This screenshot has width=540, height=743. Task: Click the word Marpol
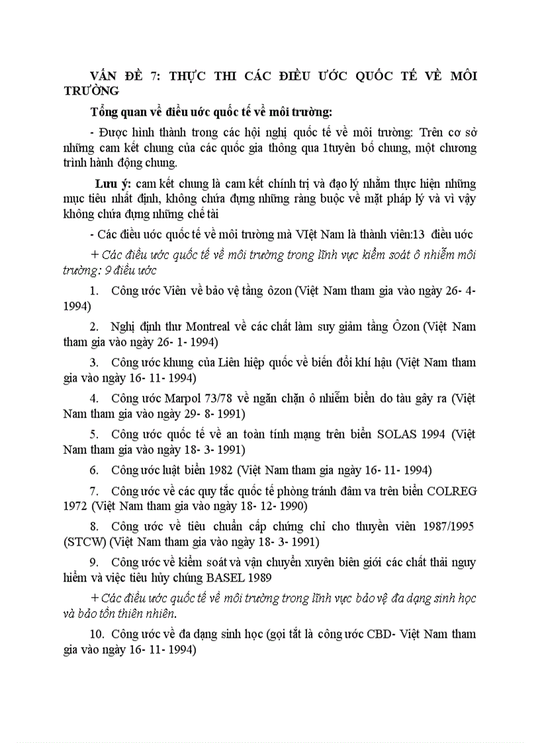point(198,399)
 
